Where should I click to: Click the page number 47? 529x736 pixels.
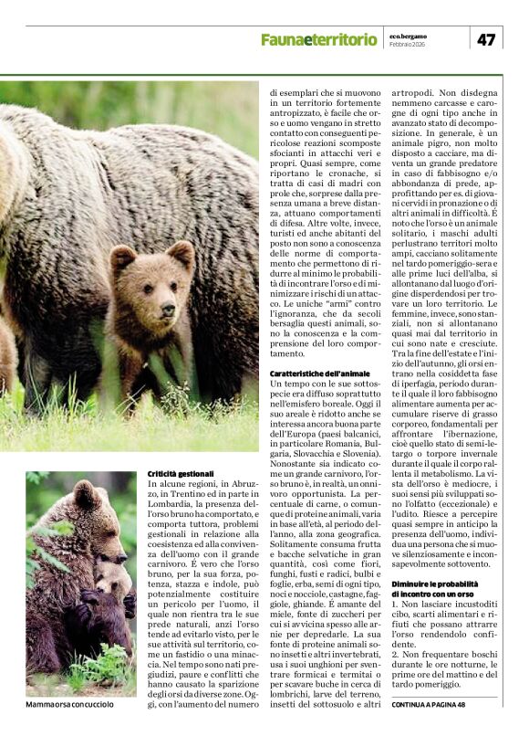coord(486,39)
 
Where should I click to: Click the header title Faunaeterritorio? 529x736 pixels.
coord(318,39)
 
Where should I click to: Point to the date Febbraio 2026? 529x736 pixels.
coord(408,44)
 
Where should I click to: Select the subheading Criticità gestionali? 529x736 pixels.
coord(182,474)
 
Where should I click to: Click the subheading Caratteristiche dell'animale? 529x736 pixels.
coord(318,374)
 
